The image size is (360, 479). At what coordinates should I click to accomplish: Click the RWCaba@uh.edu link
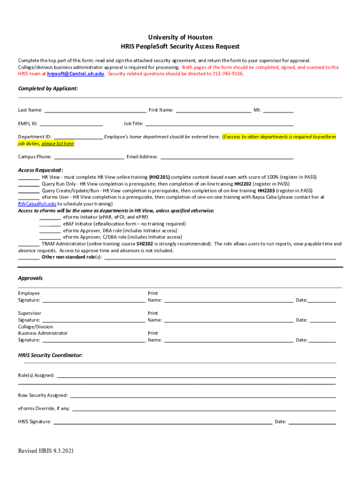click(x=37, y=204)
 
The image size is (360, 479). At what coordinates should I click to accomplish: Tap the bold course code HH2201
click(x=159, y=177)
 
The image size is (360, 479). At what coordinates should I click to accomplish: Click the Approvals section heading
click(x=30, y=278)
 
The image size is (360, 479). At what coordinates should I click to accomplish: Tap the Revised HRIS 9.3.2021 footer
click(x=46, y=451)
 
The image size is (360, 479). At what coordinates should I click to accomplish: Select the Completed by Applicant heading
click(x=48, y=88)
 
